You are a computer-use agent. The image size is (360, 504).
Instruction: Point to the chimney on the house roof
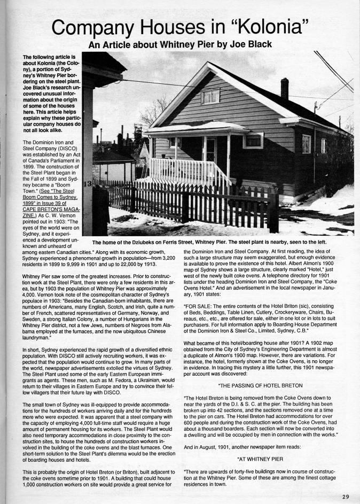[285, 88]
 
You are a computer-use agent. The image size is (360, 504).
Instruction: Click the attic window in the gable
[210, 96]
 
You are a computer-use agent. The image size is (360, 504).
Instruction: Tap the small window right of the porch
[253, 141]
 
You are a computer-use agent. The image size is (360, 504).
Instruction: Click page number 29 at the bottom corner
[346, 497]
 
